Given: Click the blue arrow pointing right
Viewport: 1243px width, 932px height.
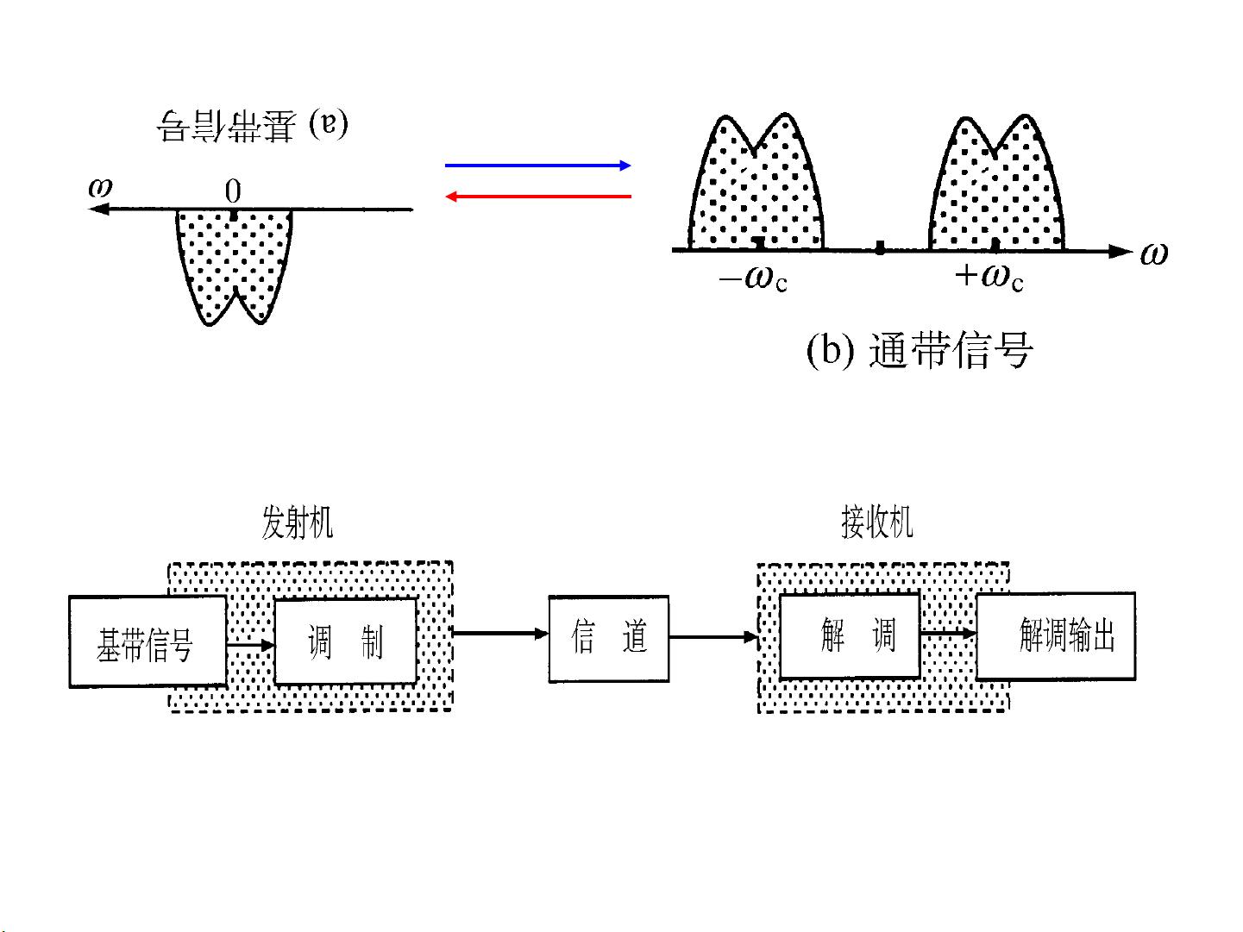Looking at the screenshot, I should (x=537, y=166).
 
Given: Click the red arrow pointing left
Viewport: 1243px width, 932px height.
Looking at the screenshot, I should (x=537, y=197).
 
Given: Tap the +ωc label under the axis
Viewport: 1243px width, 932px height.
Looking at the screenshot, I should (x=989, y=276).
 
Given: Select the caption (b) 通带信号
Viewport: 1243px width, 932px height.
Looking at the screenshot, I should (x=919, y=351).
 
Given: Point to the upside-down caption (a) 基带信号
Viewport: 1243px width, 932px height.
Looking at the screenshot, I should (x=252, y=126).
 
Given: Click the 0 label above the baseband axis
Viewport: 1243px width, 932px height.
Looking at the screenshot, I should (x=233, y=191).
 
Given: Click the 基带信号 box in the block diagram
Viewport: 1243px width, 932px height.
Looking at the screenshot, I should (x=148, y=641).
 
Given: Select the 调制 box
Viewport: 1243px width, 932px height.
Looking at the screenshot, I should (x=345, y=641).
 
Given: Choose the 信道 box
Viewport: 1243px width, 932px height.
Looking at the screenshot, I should (x=609, y=638).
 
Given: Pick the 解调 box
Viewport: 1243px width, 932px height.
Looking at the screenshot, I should (x=850, y=636).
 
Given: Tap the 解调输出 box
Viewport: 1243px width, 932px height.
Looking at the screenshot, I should (x=1056, y=636).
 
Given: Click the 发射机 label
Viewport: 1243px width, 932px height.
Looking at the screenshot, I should (x=297, y=522).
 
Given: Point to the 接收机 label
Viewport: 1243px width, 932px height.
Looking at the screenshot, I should (x=876, y=522).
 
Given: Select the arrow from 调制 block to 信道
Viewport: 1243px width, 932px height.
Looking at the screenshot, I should (x=500, y=634).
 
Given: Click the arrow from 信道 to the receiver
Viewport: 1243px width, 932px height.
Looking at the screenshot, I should (x=713, y=638).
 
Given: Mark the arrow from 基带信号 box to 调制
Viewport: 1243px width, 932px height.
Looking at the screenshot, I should (x=250, y=644).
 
